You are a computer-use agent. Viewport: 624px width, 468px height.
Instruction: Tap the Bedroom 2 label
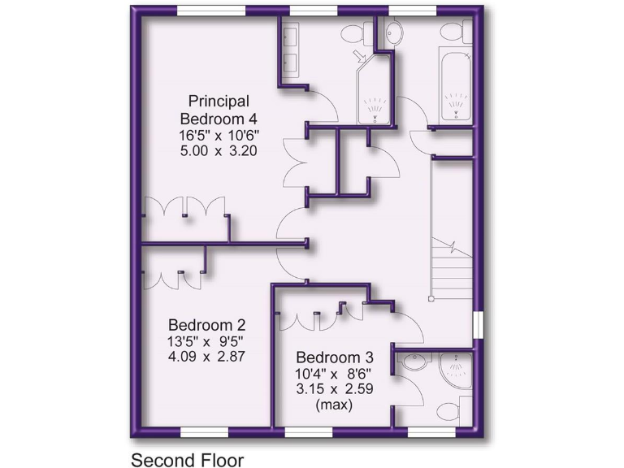202,324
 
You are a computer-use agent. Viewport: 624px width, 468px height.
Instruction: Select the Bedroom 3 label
335,357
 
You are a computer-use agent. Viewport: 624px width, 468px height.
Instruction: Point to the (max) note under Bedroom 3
334,405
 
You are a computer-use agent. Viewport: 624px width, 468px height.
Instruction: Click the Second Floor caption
187,459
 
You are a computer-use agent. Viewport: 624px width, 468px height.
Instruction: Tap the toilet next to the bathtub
453,32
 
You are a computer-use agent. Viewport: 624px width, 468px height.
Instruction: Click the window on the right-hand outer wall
478,323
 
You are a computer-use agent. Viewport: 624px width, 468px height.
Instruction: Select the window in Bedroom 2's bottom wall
203,431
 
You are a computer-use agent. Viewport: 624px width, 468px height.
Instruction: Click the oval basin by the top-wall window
393,33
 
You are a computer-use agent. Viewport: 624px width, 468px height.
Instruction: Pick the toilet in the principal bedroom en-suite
352,32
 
